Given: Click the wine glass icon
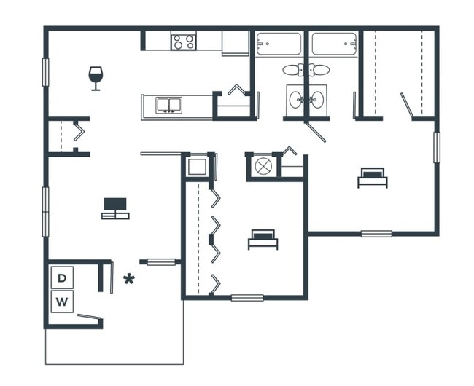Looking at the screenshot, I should coord(96,78).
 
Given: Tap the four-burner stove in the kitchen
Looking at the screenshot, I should coord(182,42).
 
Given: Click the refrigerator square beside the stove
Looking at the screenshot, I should coord(235,43).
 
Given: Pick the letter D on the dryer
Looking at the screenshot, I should coord(63,277).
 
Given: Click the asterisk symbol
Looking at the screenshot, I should coord(129,279).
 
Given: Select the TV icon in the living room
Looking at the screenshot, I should coord(115,208).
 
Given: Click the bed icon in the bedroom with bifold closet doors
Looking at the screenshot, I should coord(263,238).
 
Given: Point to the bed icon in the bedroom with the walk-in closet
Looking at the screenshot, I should coord(372,177).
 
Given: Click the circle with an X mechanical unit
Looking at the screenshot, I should coord(263,167).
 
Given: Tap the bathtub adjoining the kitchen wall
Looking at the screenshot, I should coord(279,44).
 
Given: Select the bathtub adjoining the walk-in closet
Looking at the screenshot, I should coord(334,44).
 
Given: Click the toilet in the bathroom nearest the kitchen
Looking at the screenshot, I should coord(295,70).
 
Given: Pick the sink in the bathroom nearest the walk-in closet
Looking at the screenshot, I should coord(318,100).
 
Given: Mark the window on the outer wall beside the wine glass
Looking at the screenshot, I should coord(45,72).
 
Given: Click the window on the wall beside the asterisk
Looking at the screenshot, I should coord(161,261).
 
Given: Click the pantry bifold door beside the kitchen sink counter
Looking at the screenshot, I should coord(238,91).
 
